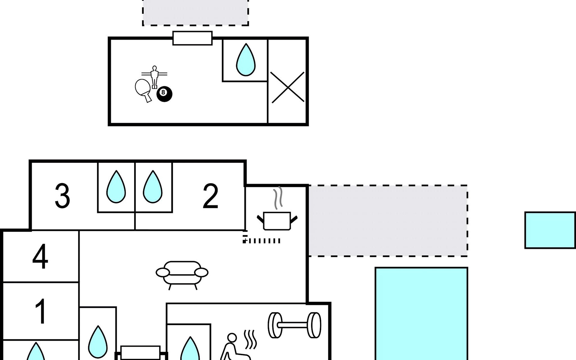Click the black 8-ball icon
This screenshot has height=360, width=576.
click(164, 94)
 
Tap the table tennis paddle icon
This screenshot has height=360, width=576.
click(143, 89)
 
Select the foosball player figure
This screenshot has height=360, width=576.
click(154, 77)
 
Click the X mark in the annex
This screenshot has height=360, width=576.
click(287, 87)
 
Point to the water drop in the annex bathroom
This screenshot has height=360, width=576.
click(246, 60)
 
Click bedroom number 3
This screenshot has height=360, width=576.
click(62, 196)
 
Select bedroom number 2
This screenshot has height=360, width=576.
click(210, 196)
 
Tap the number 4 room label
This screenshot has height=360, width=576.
click(40, 257)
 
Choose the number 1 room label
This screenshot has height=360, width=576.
click(40, 311)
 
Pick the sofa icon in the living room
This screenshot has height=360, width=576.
click(182, 274)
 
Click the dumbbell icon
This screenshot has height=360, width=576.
click(294, 325)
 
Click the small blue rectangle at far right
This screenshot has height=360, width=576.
click(550, 230)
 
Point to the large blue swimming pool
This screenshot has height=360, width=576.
click(421, 313)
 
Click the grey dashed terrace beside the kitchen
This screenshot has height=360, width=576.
click(388, 221)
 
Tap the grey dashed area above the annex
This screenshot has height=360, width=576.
click(195, 12)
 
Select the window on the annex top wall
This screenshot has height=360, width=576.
click(193, 38)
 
